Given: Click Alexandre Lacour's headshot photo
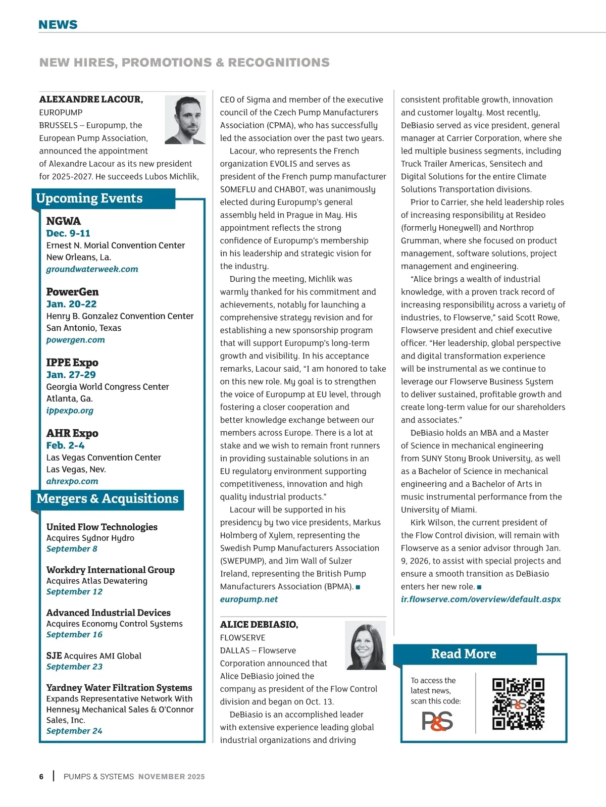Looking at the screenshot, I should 185,120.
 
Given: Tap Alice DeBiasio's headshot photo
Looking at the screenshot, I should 365,645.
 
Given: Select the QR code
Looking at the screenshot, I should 518,704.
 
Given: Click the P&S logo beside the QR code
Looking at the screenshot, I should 437,721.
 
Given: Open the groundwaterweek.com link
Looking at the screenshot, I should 92,269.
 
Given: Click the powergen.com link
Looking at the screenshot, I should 76,340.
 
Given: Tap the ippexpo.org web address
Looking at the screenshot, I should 70,411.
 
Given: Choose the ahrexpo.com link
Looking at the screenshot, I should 72,481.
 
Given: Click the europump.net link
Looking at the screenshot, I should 249,599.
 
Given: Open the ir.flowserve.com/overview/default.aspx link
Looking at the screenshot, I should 481,599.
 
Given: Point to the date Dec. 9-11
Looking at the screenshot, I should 68,233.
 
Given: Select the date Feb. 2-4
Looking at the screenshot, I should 65,445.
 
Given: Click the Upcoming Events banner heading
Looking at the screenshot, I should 89,198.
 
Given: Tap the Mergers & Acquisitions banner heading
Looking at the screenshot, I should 108,499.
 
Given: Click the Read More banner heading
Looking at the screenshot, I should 464,654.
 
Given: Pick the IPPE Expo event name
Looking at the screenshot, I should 72,363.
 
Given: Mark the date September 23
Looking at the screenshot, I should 74,667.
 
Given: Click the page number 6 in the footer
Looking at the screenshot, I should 41,777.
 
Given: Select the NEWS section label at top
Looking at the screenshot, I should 58,25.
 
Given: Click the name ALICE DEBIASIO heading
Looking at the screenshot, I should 259,625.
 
